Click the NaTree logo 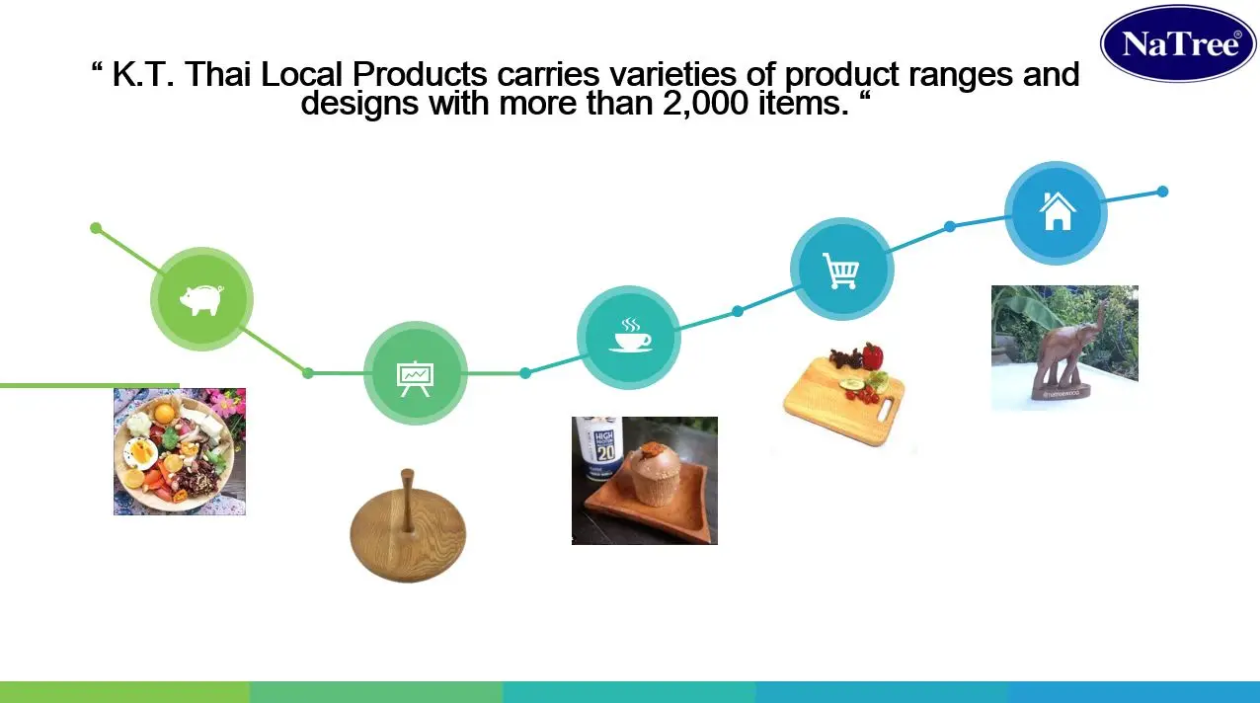pyautogui.click(x=1178, y=43)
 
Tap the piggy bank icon pyautogui.click(x=201, y=299)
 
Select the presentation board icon pyautogui.click(x=415, y=374)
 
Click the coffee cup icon pyautogui.click(x=629, y=337)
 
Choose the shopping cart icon pyautogui.click(x=841, y=269)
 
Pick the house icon pyautogui.click(x=1056, y=212)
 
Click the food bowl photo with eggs pyautogui.click(x=179, y=451)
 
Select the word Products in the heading pyautogui.click(x=420, y=74)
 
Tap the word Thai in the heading pyautogui.click(x=218, y=74)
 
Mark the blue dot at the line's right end pyautogui.click(x=1162, y=192)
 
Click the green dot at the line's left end pyautogui.click(x=96, y=228)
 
